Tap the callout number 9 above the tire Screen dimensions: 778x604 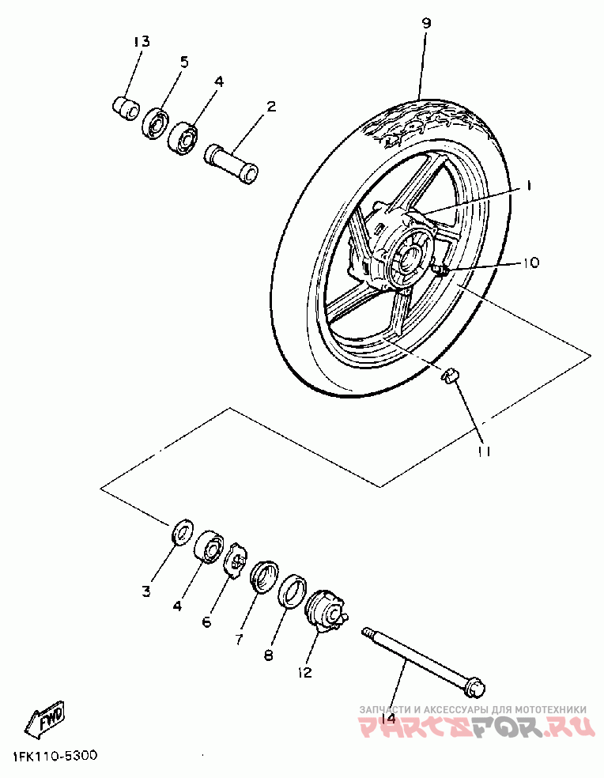(x=426, y=24)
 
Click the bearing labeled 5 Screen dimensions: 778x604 (x=155, y=123)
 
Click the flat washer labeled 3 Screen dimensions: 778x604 (x=182, y=531)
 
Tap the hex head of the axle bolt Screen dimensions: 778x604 (x=475, y=684)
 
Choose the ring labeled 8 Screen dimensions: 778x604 (x=291, y=592)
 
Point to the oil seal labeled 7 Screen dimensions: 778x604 (x=262, y=575)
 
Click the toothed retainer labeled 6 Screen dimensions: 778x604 (x=234, y=561)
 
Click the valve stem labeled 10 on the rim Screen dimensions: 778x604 (x=441, y=270)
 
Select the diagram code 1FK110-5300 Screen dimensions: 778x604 (x=55, y=756)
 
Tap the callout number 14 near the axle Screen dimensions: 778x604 (x=387, y=718)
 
